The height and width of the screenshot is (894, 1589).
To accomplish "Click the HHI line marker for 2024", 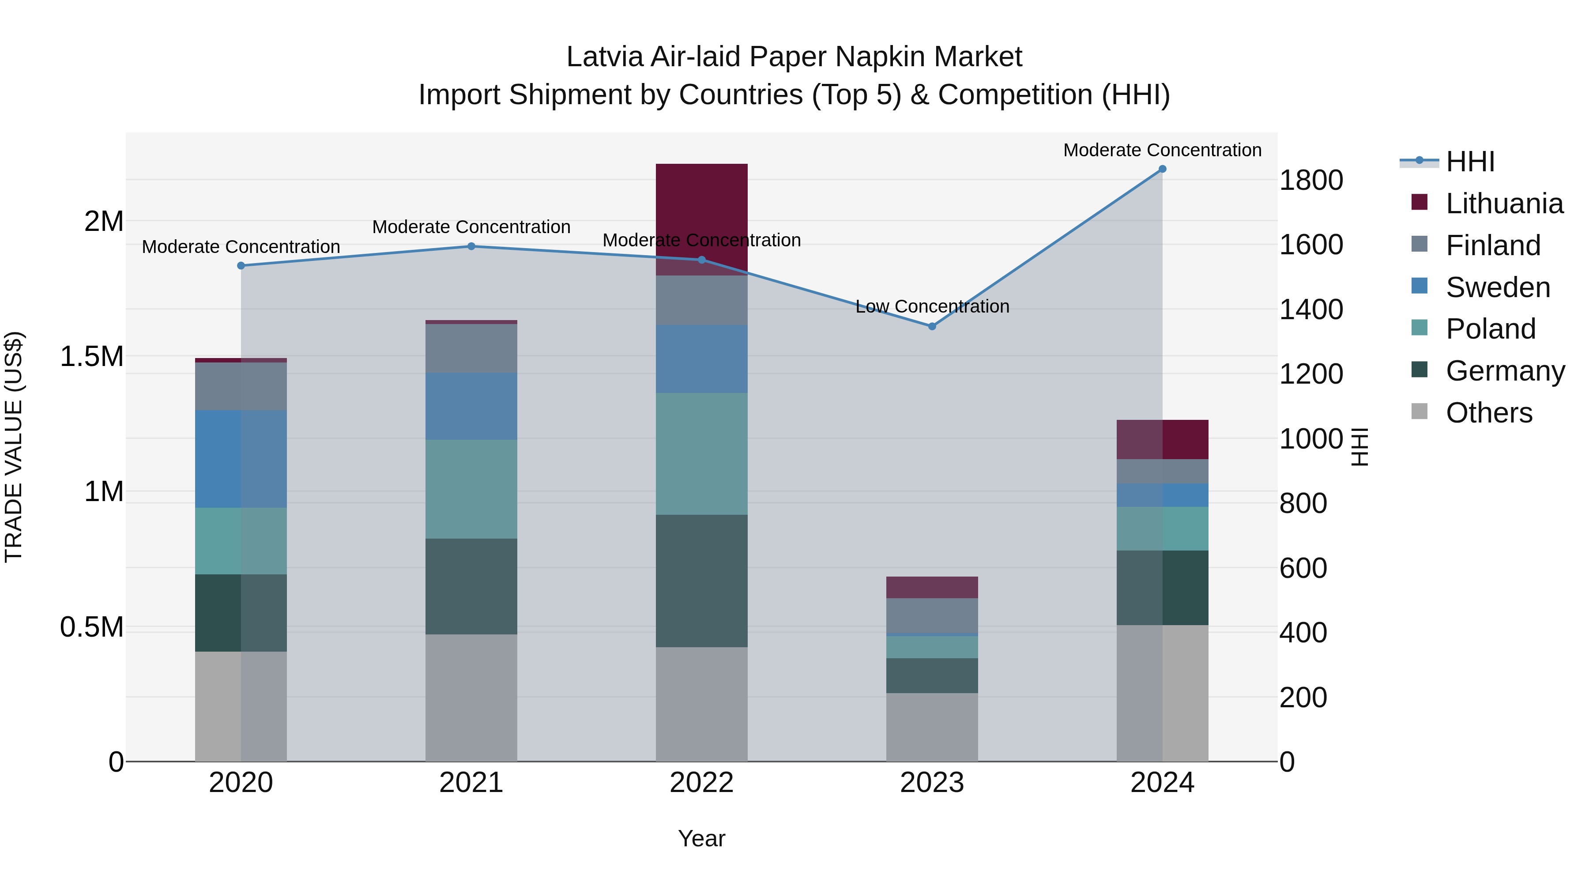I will pyautogui.click(x=1162, y=169).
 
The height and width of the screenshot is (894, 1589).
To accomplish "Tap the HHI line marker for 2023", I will pyautogui.click(x=932, y=326).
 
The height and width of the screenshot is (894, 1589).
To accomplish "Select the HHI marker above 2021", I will pyautogui.click(x=471, y=246).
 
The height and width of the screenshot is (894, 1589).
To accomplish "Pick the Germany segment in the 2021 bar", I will pyautogui.click(x=471, y=586).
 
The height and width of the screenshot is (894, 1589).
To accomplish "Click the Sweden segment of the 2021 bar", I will pyautogui.click(x=471, y=406).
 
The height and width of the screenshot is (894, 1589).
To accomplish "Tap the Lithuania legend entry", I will pyautogui.click(x=1504, y=204).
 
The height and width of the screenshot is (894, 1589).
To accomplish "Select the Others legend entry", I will pyautogui.click(x=1488, y=413).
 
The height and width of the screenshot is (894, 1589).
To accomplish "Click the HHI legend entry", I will pyautogui.click(x=1470, y=162).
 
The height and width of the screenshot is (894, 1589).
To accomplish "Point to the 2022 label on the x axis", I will pyautogui.click(x=701, y=783).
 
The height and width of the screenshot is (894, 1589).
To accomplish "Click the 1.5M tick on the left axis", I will pyautogui.click(x=92, y=357).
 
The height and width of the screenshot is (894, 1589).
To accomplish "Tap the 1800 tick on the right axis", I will pyautogui.click(x=1311, y=180).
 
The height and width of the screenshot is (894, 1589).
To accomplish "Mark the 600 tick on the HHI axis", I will pyautogui.click(x=1303, y=568).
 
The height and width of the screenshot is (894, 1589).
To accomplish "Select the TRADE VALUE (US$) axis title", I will pyautogui.click(x=14, y=447).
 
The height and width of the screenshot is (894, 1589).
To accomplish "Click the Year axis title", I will pyautogui.click(x=701, y=838).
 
